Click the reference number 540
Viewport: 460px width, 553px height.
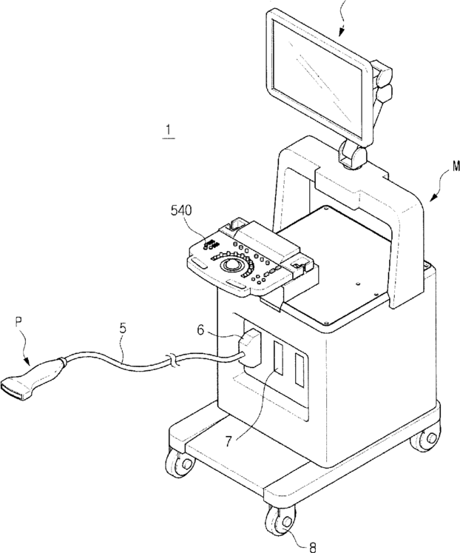181,210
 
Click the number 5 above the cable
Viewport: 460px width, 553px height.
123,328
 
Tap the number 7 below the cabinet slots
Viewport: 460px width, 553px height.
229,441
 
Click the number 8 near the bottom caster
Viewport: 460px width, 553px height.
312,547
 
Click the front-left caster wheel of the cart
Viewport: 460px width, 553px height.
180,463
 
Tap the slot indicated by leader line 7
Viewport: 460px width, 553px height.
278,359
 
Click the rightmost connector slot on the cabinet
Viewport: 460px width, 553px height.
300,370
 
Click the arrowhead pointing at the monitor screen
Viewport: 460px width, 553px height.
341,32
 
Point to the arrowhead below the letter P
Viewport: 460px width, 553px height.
27,361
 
